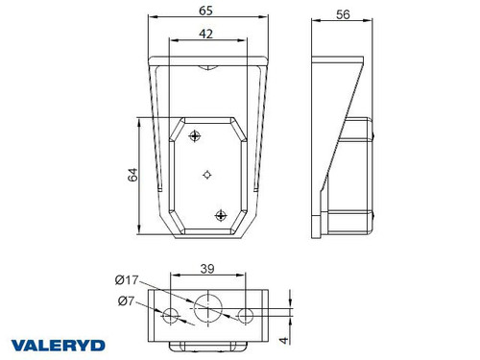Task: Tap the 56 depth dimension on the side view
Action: click(x=343, y=15)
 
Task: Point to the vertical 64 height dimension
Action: click(x=134, y=175)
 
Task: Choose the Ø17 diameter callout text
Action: click(x=126, y=279)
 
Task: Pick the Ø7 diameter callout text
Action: click(x=122, y=301)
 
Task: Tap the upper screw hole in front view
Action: click(x=196, y=134)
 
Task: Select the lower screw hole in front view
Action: click(x=221, y=215)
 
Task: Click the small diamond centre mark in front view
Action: click(x=207, y=175)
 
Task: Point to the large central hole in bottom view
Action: click(x=207, y=309)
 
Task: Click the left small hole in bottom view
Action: click(x=172, y=316)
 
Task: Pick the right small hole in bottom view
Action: click(x=246, y=316)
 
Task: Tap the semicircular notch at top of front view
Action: click(x=207, y=67)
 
